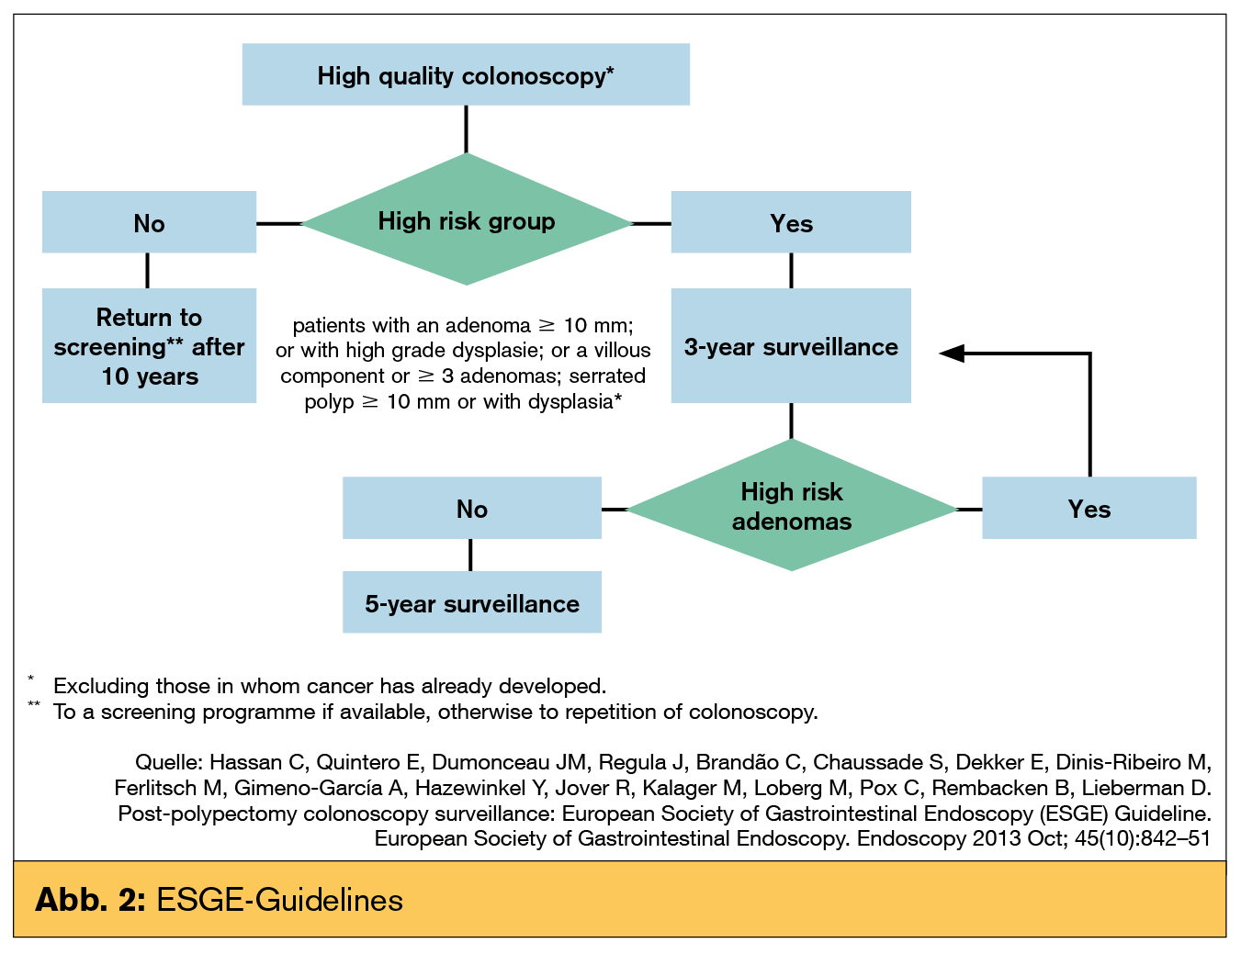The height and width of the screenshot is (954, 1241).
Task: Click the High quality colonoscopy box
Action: pyautogui.click(x=466, y=74)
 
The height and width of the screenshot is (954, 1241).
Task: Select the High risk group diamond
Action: pyautogui.click(x=467, y=220)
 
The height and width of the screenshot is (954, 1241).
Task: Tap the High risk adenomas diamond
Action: pyautogui.click(x=791, y=506)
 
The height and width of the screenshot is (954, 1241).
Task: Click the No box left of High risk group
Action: pyautogui.click(x=149, y=222)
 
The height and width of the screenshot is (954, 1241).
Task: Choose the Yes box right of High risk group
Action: pyautogui.click(x=791, y=222)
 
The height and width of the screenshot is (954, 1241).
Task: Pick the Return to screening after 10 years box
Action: pyautogui.click(x=149, y=346)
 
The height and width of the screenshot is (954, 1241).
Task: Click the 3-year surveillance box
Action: pyautogui.click(x=791, y=346)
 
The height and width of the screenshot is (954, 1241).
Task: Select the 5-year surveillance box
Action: pyautogui.click(x=471, y=602)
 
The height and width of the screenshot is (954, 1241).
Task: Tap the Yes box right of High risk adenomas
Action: pyautogui.click(x=1089, y=508)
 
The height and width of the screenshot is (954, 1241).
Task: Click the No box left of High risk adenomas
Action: pyautogui.click(x=471, y=508)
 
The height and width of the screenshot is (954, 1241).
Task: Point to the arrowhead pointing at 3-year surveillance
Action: pyautogui.click(x=952, y=353)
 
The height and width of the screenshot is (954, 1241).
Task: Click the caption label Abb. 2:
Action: pyautogui.click(x=90, y=899)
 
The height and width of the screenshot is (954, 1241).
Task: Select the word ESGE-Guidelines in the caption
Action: pyautogui.click(x=279, y=899)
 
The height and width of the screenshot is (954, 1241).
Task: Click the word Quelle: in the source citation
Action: pyautogui.click(x=169, y=762)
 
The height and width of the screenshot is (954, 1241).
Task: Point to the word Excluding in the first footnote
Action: pyautogui.click(x=101, y=686)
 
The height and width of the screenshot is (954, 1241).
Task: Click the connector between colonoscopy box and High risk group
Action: pyautogui.click(x=466, y=129)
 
